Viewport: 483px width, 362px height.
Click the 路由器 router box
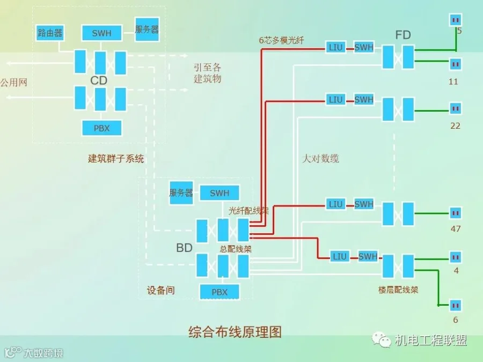tap(49, 33)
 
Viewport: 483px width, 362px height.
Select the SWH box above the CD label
tap(101, 33)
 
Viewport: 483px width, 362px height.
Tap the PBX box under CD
tap(101, 128)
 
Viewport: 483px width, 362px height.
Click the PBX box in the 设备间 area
tap(219, 292)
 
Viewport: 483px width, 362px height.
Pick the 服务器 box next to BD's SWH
tap(181, 193)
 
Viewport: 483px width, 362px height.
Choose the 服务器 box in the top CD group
tap(147, 29)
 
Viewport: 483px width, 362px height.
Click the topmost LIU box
tap(335, 47)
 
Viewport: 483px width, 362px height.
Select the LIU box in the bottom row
tap(340, 256)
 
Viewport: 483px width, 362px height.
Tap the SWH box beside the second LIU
tap(364, 99)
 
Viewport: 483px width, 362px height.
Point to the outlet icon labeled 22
tap(455, 108)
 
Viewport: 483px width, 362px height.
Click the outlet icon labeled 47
tap(456, 213)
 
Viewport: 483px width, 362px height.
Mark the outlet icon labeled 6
tap(456, 305)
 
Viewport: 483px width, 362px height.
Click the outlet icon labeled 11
tap(455, 64)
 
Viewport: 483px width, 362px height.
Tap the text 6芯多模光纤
tap(281, 40)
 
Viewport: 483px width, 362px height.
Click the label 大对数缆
tap(321, 159)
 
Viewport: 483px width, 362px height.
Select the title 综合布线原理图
tap(235, 332)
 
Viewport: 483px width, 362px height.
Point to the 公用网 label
tap(14, 83)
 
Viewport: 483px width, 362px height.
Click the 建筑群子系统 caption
tap(116, 159)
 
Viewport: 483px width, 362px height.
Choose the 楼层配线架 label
tap(398, 290)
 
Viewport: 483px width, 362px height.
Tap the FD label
tap(403, 35)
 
